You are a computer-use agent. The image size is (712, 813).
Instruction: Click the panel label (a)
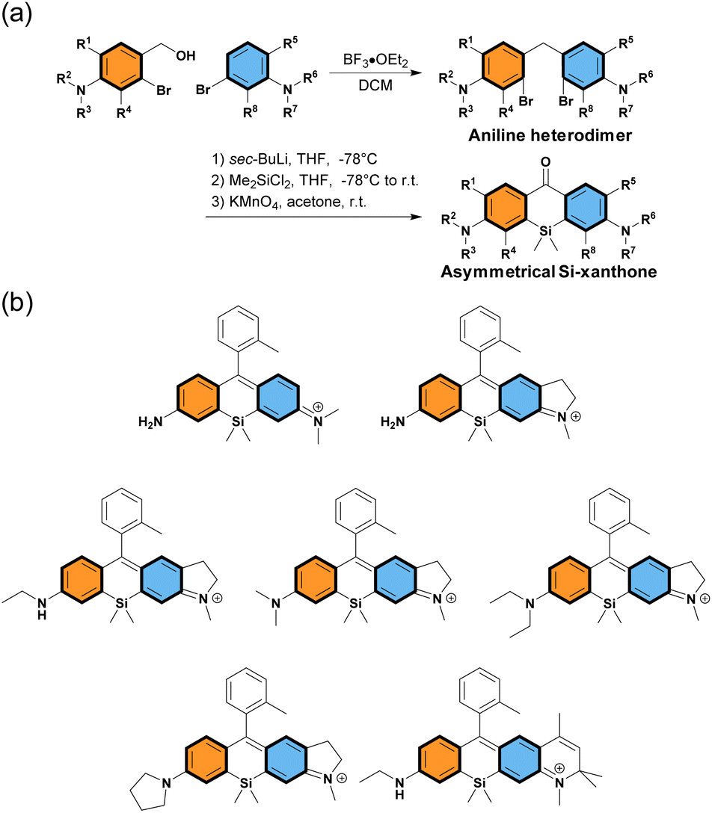pos(19,16)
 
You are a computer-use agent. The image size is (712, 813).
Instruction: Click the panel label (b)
pos(19,304)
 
